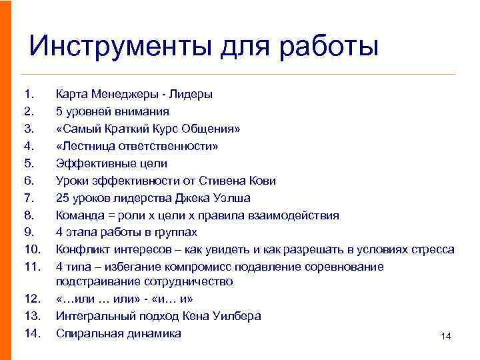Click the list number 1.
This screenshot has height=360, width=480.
[x=27, y=94]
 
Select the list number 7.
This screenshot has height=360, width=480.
[x=27, y=198]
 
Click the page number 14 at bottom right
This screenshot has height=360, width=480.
[x=446, y=337]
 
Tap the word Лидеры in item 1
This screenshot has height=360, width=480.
[x=191, y=94]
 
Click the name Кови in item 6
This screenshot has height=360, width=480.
[x=262, y=181]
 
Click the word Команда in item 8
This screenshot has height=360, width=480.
[x=79, y=215]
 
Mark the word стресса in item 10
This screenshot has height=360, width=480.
[x=431, y=250]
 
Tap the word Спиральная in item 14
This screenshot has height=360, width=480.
[x=87, y=333]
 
